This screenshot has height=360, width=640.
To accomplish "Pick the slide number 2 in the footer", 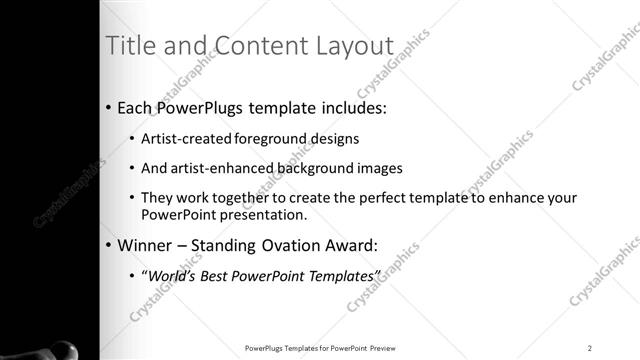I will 590,347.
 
